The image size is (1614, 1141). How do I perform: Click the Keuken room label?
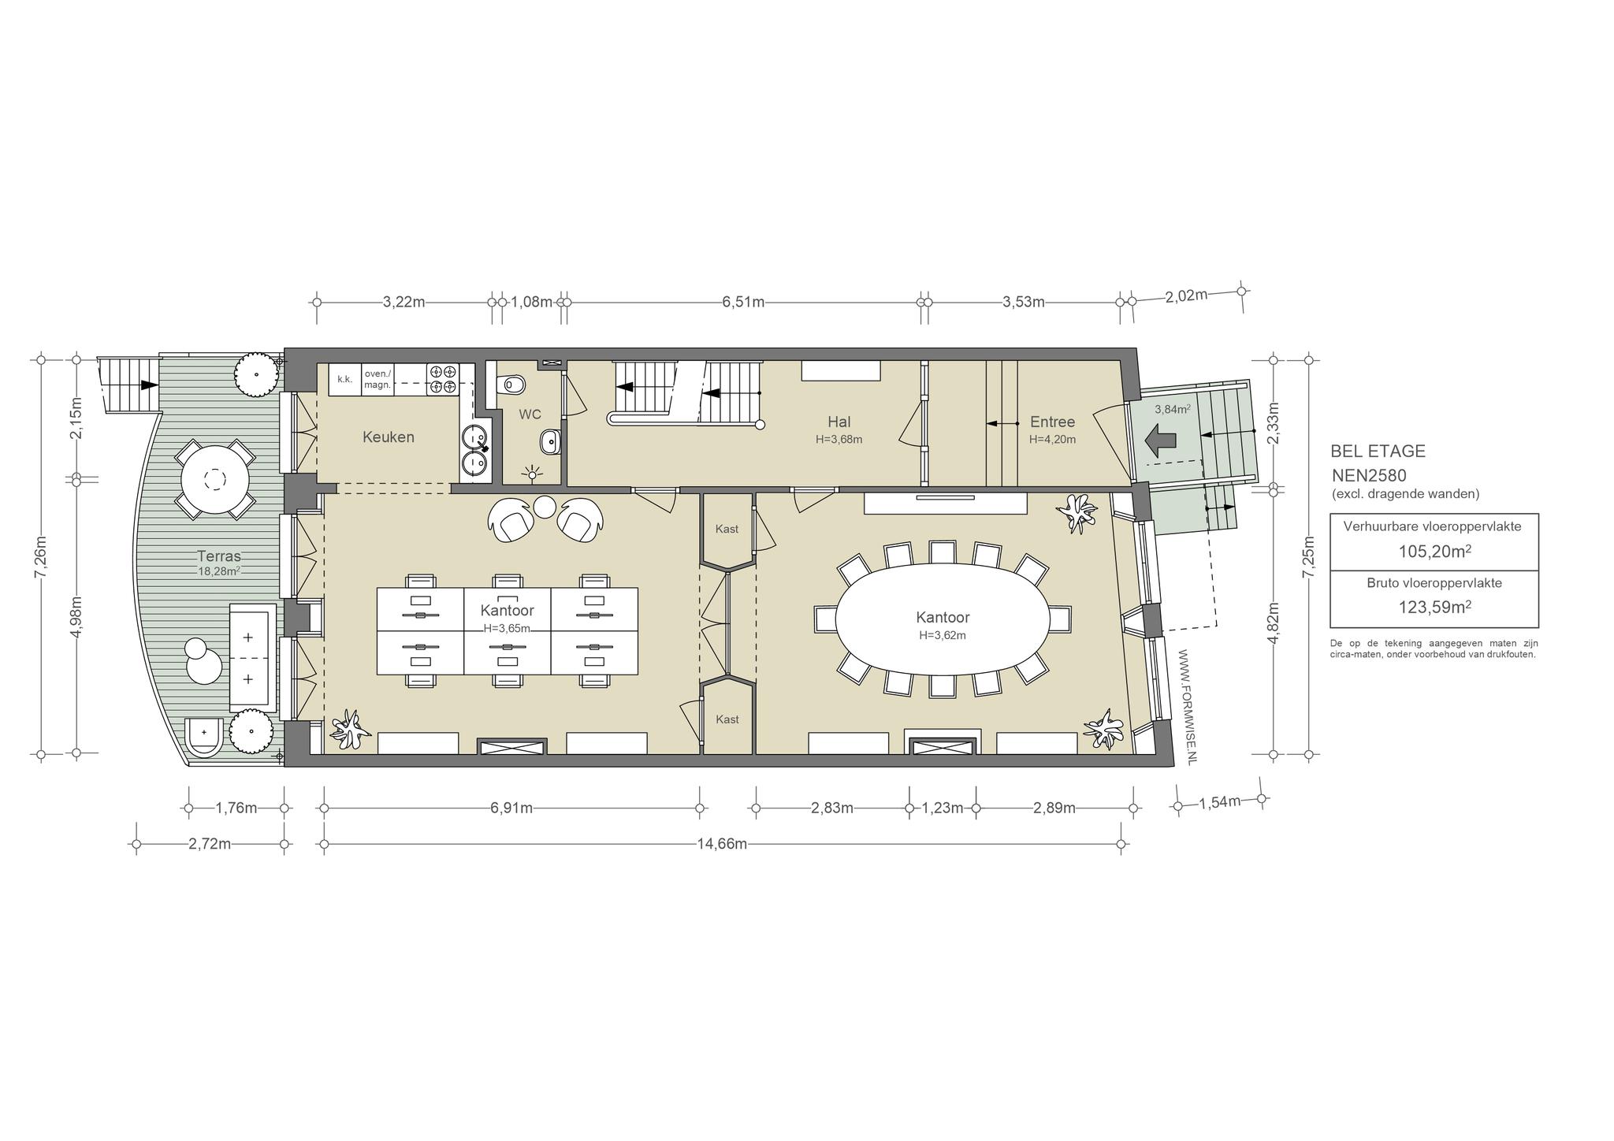388,437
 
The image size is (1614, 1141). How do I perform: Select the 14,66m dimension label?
722,844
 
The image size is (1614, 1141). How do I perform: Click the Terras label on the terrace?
219,556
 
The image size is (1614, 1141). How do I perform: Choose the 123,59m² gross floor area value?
1434,607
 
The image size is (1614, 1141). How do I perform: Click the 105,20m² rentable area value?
1434,551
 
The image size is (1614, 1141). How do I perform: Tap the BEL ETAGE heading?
1378,452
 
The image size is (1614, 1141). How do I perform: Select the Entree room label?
1052,422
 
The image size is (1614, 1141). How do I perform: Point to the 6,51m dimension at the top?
743,302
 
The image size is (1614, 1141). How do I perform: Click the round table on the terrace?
214,479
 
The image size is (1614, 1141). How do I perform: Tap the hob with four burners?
443,379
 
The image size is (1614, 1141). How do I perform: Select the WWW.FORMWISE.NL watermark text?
1190,706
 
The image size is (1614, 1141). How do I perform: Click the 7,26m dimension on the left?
40,556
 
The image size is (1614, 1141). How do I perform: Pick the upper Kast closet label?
727,529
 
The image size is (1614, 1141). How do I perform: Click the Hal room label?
839,422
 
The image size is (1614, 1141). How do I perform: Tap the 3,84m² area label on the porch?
1172,409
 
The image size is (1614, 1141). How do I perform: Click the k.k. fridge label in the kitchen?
344,379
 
